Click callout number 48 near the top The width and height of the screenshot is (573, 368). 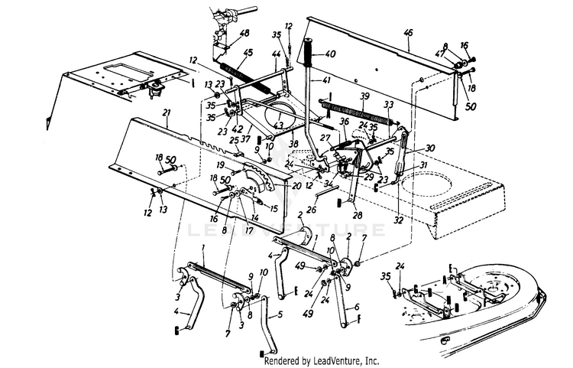click(x=244, y=34)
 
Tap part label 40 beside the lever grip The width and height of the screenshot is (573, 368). click(x=330, y=54)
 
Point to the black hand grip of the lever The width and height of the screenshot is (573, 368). click(x=311, y=52)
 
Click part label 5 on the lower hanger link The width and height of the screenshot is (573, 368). click(x=279, y=314)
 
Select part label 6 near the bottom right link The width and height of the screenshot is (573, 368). click(x=356, y=308)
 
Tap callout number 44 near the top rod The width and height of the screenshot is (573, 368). click(x=275, y=54)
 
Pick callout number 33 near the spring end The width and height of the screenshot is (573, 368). click(x=389, y=105)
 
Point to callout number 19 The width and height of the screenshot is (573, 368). click(x=219, y=164)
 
